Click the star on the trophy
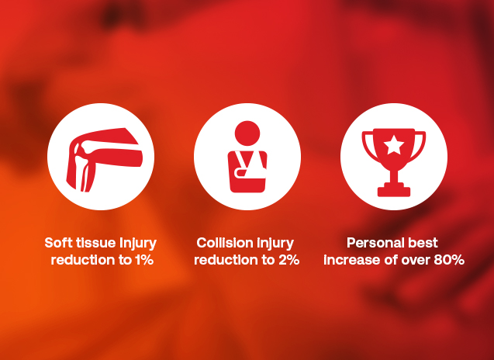[x=394, y=145]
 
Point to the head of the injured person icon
[x=247, y=133]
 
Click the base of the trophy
[x=394, y=192]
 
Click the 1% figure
[x=144, y=260]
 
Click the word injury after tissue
[x=138, y=244]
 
